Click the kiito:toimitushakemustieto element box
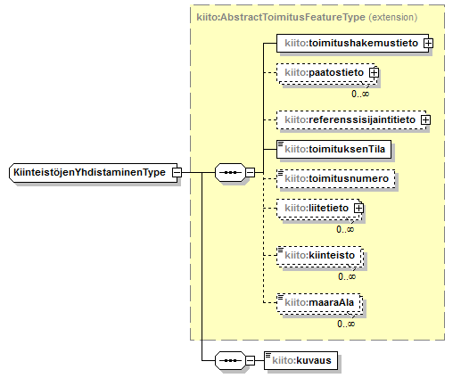(352, 44)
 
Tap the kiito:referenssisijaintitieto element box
(351, 120)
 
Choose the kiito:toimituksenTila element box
(333, 149)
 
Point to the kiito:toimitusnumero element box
(336, 178)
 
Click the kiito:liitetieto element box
(318, 209)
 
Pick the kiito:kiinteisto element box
(319, 256)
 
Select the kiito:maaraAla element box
(319, 303)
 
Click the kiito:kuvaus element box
(300, 361)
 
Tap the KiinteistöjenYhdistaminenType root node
(94, 172)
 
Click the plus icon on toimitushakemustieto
(428, 44)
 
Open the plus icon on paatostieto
(374, 73)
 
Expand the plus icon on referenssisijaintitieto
(426, 120)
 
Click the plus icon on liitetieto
(358, 209)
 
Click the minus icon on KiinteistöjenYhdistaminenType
(177, 172)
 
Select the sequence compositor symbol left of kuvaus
(231, 361)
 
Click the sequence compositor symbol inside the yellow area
(231, 172)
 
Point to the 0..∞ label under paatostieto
(360, 94)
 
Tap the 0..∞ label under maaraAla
(346, 324)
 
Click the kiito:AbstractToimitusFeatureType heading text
(281, 17)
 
